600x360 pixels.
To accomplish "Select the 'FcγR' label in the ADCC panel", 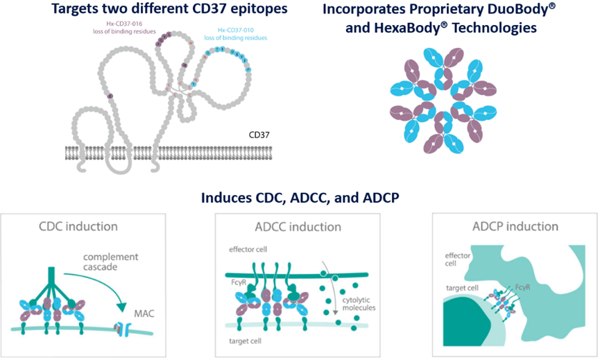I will (x=238, y=284).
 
